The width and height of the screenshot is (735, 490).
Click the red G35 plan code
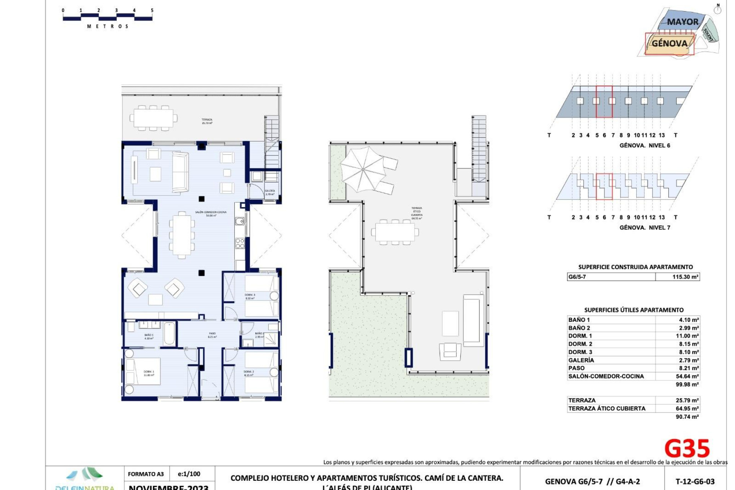pyautogui.click(x=687, y=449)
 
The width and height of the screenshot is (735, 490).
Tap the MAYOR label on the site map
pyautogui.click(x=683, y=22)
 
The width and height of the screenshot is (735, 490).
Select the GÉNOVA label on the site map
pyautogui.click(x=669, y=43)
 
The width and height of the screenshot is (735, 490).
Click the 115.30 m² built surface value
pyautogui.click(x=685, y=277)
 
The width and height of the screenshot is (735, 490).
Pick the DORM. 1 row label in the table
pyautogui.click(x=580, y=336)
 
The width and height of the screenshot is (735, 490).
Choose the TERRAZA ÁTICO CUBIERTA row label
pyautogui.click(x=607, y=408)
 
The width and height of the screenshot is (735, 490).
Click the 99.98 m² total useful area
pyautogui.click(x=687, y=384)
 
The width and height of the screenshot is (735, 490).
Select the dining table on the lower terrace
pyautogui.click(x=153, y=118)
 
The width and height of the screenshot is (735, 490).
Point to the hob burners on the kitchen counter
pyautogui.click(x=240, y=243)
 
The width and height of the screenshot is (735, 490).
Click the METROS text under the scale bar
pyautogui.click(x=108, y=26)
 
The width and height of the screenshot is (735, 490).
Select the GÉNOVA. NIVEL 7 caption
pyautogui.click(x=645, y=227)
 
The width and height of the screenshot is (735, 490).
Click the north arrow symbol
pyautogui.click(x=718, y=9)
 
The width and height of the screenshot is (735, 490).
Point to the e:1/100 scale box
pyautogui.click(x=189, y=474)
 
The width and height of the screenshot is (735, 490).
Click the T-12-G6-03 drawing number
pyautogui.click(x=695, y=482)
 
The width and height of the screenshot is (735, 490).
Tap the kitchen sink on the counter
pyautogui.click(x=240, y=222)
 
